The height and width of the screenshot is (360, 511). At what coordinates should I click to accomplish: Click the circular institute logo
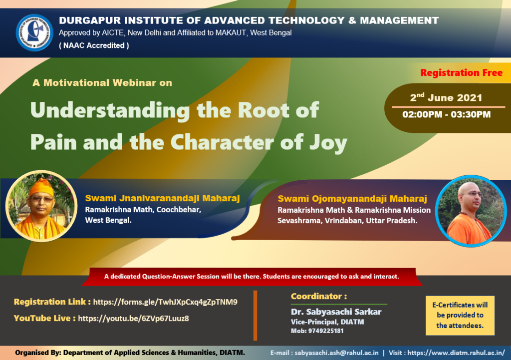pos(34,32)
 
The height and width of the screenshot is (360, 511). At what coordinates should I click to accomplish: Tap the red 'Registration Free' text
pos(461,72)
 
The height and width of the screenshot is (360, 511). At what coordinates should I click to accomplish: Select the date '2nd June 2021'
pos(446,97)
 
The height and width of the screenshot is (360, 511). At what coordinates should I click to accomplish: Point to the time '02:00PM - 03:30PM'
pos(446,114)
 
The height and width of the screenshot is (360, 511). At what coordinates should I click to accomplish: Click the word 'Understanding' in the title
pos(110,110)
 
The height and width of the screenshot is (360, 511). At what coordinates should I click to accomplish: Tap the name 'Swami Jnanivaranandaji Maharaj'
pos(162,198)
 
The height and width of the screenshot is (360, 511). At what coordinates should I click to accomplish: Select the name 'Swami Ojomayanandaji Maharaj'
pos(352,199)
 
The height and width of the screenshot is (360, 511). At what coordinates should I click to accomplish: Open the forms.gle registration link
pos(165,302)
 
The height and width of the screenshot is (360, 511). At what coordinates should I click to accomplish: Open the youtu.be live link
pos(133,318)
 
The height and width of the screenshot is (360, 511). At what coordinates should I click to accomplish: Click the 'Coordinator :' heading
pos(319,296)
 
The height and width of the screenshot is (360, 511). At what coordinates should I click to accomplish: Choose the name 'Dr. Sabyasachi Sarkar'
pos(336,312)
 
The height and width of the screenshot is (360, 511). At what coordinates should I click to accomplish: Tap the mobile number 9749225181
pos(325,331)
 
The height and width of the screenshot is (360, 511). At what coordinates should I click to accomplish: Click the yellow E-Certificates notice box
pos(460,316)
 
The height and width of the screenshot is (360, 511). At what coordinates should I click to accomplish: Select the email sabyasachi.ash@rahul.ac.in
pos(336,353)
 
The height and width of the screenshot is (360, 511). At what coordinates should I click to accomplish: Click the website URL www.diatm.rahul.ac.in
pos(456,353)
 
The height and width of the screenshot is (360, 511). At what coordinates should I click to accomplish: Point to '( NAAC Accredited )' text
pos(94,45)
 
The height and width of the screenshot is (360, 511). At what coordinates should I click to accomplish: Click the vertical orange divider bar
pos(255,316)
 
